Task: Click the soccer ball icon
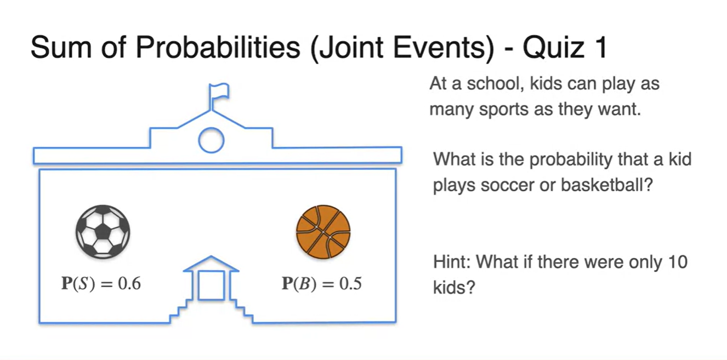(x=103, y=232)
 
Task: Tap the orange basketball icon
(x=323, y=232)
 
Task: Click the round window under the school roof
(x=211, y=140)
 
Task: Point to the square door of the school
(x=211, y=285)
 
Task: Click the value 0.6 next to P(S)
(x=129, y=283)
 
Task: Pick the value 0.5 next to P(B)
(x=350, y=283)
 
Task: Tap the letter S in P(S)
(x=84, y=284)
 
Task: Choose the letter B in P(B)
(x=304, y=284)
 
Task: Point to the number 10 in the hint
(x=677, y=262)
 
